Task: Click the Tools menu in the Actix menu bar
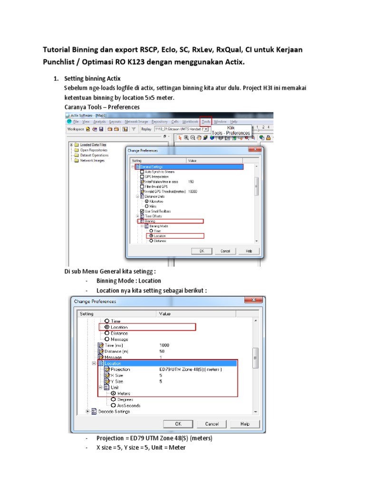(x=206, y=122)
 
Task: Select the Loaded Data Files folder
(x=93, y=145)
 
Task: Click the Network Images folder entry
(x=92, y=160)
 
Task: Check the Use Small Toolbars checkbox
(x=142, y=211)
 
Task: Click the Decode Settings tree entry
(x=114, y=411)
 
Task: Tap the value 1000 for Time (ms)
(x=164, y=345)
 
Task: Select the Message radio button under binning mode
(x=107, y=339)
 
